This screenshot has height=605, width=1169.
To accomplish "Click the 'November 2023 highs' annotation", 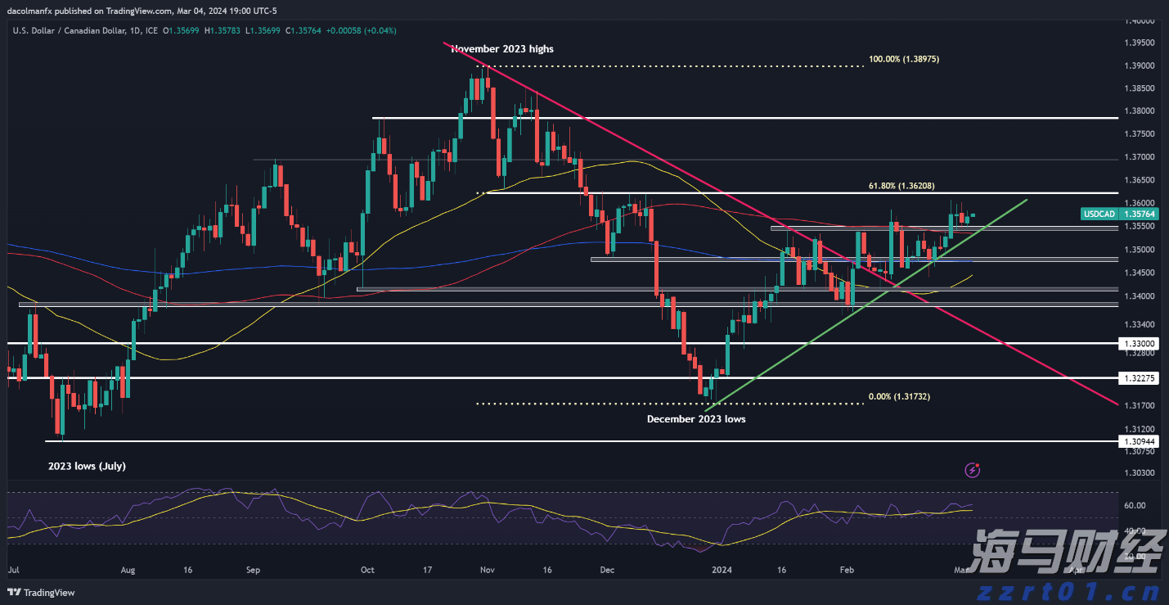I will click(x=501, y=49).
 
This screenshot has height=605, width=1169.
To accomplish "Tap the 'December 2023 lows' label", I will click(x=696, y=418).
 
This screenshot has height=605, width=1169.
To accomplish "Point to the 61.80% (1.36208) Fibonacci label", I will click(x=899, y=186).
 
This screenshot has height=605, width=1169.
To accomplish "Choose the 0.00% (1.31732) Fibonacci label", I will click(x=899, y=396).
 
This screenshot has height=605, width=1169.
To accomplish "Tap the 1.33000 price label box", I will click(x=1140, y=344).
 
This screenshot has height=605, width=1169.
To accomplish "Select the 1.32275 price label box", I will click(x=1140, y=378).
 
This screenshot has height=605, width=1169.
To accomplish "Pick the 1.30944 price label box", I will click(x=1140, y=441).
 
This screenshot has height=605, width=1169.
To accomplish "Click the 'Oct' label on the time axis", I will click(x=367, y=569).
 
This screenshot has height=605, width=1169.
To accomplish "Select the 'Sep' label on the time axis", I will click(x=252, y=569).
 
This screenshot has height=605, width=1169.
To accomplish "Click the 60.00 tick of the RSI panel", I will click(x=1134, y=505).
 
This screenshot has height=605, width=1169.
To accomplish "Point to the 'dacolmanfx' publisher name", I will click(x=30, y=11).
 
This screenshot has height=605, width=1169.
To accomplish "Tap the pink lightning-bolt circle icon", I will click(x=973, y=470).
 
